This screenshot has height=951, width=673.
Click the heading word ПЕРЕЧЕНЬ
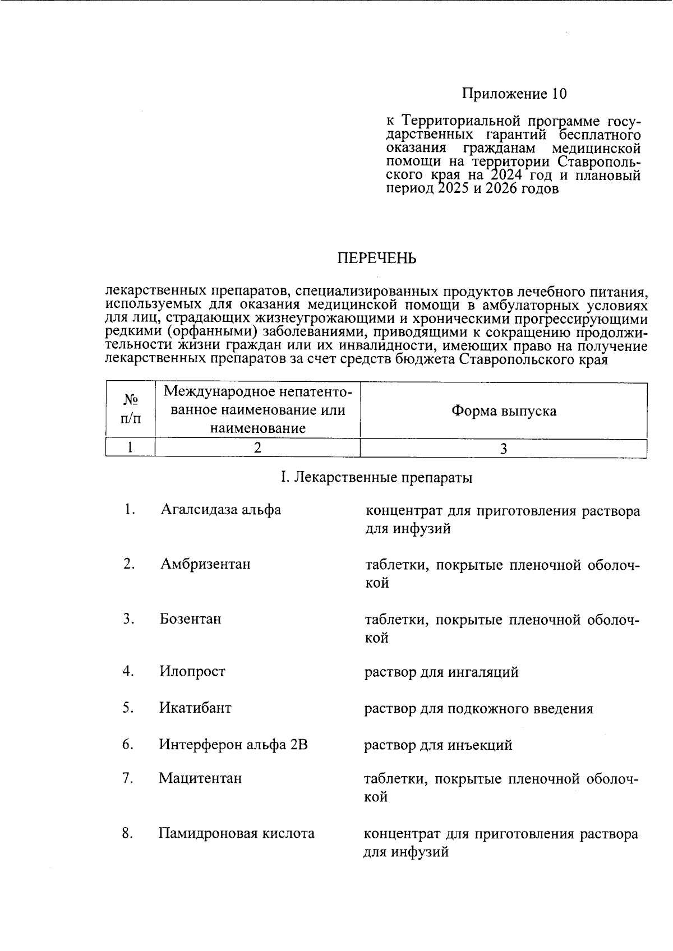(x=376, y=258)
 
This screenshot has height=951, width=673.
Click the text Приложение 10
(x=514, y=94)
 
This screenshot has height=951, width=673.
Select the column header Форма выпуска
(x=504, y=411)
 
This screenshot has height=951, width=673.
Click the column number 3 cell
(x=503, y=449)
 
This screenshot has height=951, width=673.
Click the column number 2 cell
(x=257, y=448)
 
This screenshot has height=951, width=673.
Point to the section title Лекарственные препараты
(x=376, y=478)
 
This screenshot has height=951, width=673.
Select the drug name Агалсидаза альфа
(x=220, y=510)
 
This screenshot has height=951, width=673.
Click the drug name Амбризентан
(x=205, y=564)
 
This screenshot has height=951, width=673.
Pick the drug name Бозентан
(x=191, y=619)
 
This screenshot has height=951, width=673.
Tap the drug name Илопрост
(x=192, y=671)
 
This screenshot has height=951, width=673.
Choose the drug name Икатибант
(x=195, y=708)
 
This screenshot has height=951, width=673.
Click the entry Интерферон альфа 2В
(x=233, y=745)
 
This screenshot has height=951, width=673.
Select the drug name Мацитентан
(x=201, y=778)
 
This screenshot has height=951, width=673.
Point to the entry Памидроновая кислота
(x=236, y=833)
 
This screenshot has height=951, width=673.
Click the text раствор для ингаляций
(x=441, y=672)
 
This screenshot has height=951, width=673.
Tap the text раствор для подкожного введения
(x=478, y=709)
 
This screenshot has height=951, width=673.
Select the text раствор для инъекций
(x=438, y=745)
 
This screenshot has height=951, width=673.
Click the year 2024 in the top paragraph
(x=505, y=176)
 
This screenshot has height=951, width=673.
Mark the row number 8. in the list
(x=127, y=833)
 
